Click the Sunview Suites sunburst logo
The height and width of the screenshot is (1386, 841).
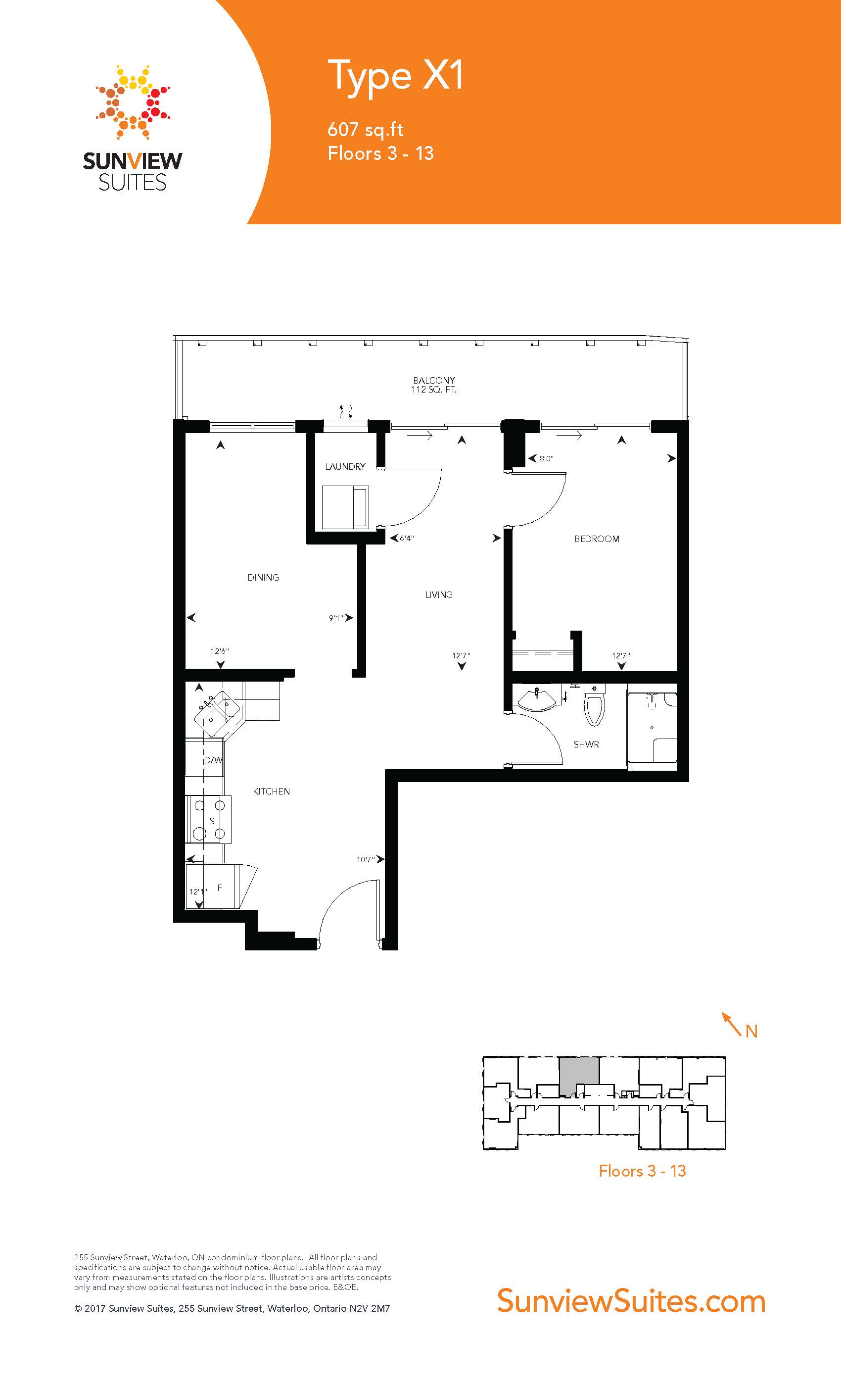[133, 102]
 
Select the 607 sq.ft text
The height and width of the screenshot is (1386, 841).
[366, 130]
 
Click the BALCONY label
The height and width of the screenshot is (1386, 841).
[434, 380]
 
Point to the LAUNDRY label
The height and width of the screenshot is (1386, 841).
[345, 466]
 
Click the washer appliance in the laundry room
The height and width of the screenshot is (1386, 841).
[346, 507]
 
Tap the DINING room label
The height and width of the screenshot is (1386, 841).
[263, 577]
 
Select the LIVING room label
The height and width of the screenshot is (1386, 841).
[439, 594]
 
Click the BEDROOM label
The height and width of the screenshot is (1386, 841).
[597, 539]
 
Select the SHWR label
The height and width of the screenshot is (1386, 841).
[586, 744]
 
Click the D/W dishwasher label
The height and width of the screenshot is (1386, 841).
[213, 760]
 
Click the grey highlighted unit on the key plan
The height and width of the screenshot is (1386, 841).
[579, 1076]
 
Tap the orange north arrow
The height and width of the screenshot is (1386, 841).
[732, 1024]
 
